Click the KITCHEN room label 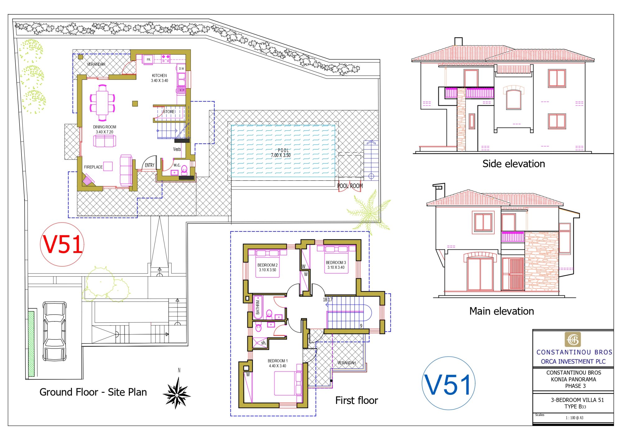point(160,76)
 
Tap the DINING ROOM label point(104,127)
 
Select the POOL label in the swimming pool point(283,150)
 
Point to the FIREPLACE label point(93,167)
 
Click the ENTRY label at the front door point(150,165)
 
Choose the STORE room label point(169,112)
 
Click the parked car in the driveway point(54,331)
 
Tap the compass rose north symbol point(177,393)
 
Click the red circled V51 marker point(62,245)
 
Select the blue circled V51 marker point(448,383)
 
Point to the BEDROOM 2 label point(267,265)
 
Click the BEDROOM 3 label point(336,263)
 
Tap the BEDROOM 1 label point(278,361)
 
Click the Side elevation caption point(514,164)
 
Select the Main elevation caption point(502,311)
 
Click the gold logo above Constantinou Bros point(573,339)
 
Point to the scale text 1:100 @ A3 point(574,418)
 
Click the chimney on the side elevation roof point(458,41)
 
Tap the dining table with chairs point(102,103)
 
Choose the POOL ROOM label point(350,186)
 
